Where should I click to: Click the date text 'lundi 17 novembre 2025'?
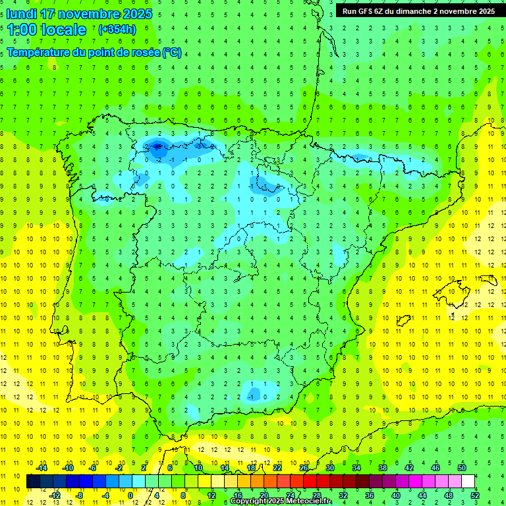[79, 14]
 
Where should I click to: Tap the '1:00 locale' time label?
[46, 30]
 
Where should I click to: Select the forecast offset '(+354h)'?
[117, 30]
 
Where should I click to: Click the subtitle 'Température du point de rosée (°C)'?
[94, 53]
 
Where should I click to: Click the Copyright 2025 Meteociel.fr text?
[281, 501]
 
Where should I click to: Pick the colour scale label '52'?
[475, 495]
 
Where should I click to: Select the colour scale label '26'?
[304, 468]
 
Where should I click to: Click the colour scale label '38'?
[383, 468]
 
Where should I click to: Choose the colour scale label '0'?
[130, 495]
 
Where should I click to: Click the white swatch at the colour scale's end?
[468, 482]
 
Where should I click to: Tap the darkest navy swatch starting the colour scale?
[33, 482]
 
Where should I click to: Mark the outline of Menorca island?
[488, 281]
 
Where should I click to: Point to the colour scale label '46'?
[436, 468]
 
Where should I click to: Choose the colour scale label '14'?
[225, 468]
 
